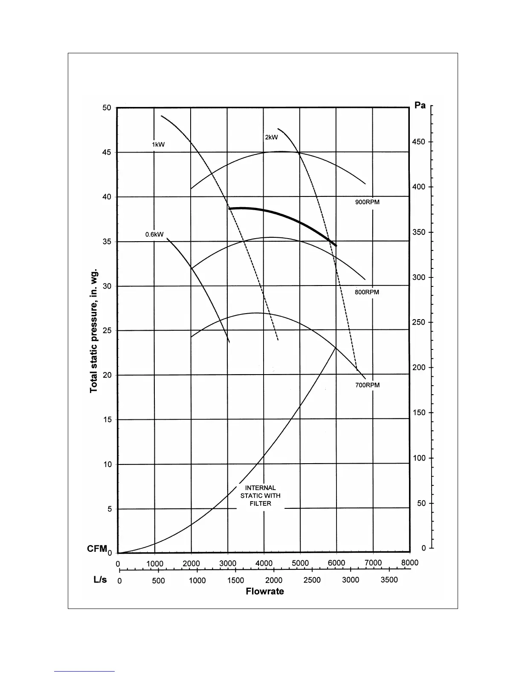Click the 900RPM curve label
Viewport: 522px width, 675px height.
click(x=367, y=202)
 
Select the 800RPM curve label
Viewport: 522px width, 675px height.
click(x=367, y=292)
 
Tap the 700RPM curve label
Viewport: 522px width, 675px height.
click(x=367, y=385)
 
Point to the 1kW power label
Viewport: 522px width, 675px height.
click(x=158, y=144)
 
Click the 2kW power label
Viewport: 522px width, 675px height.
click(x=271, y=137)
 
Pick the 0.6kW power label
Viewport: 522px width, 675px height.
click(x=154, y=234)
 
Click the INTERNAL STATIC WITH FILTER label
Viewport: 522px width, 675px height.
click(x=261, y=496)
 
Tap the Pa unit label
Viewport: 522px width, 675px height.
click(x=420, y=105)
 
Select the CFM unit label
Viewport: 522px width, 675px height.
click(x=97, y=549)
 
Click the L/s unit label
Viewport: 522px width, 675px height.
click(x=101, y=580)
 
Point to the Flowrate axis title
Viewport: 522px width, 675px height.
click(x=265, y=591)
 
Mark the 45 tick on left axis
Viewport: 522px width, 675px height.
click(x=107, y=153)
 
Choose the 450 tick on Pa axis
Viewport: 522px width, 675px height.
click(x=419, y=142)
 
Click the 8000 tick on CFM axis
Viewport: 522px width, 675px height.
click(x=409, y=563)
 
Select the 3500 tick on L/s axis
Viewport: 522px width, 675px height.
click(x=389, y=580)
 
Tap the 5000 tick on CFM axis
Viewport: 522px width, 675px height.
click(x=300, y=563)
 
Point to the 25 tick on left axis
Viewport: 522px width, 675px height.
click(x=107, y=331)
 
